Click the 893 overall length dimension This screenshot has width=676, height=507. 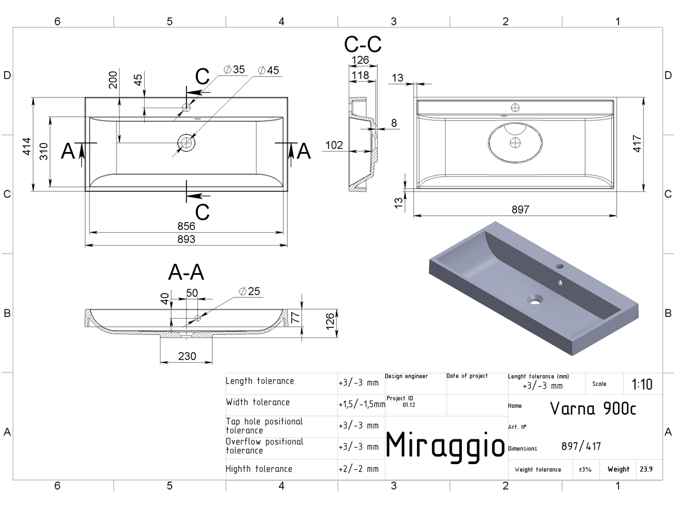pyautogui.click(x=186, y=239)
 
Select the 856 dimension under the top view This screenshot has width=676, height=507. pyautogui.click(x=186, y=226)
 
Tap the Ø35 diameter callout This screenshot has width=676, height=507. pyautogui.click(x=234, y=69)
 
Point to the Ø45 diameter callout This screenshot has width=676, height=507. pyautogui.click(x=268, y=70)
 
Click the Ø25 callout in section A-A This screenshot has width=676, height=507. pyautogui.click(x=250, y=291)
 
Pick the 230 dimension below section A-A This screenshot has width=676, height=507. pyautogui.click(x=187, y=356)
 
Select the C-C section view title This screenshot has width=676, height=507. pyautogui.click(x=363, y=45)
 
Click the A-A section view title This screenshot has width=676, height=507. pyautogui.click(x=186, y=272)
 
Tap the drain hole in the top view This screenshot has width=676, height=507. pyautogui.click(x=186, y=143)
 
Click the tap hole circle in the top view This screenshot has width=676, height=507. pyautogui.click(x=186, y=108)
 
